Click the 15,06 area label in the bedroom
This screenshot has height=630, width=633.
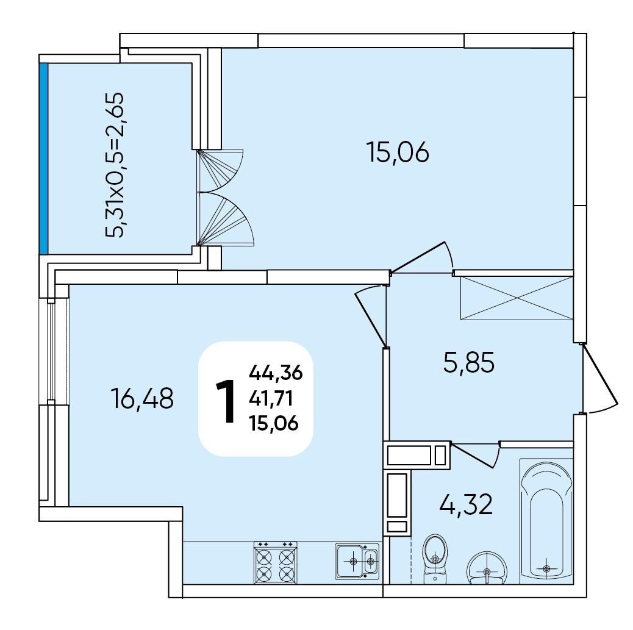click(398, 152)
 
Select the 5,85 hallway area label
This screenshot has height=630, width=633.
click(469, 362)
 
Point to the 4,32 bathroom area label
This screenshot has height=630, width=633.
click(467, 504)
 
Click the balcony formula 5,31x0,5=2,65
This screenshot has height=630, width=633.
click(115, 165)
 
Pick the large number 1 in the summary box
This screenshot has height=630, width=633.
click(226, 401)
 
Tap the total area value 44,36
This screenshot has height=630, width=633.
click(276, 372)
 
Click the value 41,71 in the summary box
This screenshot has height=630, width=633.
click(271, 399)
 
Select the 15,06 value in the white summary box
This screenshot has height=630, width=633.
click(274, 424)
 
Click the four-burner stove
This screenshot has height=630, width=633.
click(275, 562)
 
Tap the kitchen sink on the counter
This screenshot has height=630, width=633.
click(357, 561)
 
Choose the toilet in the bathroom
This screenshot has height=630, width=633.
click(435, 559)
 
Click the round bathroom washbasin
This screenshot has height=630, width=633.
click(487, 568)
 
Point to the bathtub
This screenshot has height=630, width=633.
click(546, 521)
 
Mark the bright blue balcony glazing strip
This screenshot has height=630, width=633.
click(44, 159)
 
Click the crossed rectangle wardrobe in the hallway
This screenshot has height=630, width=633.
click(517, 298)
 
